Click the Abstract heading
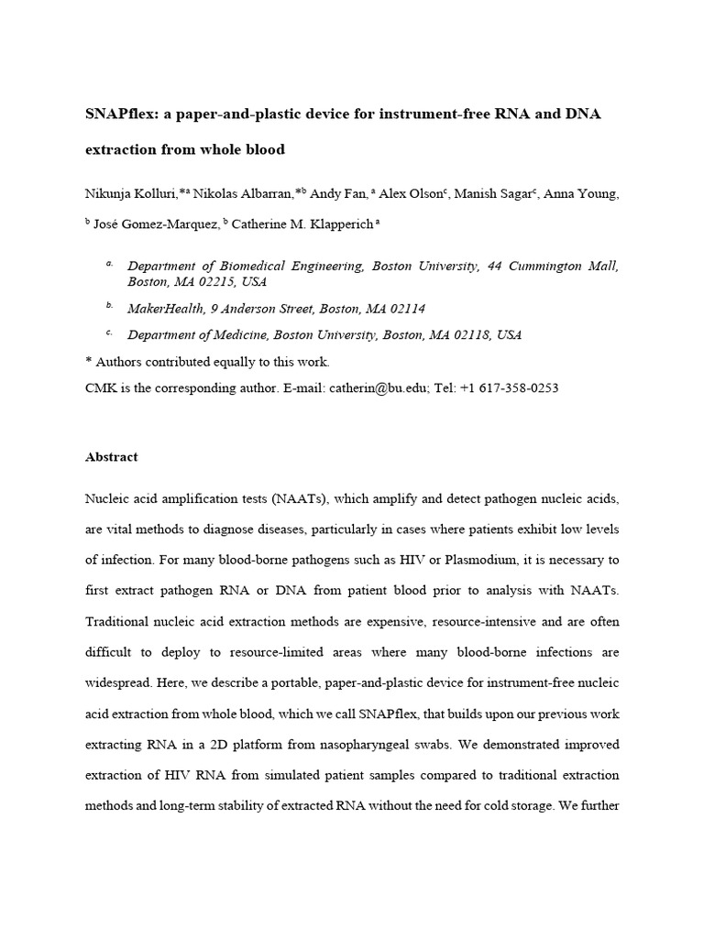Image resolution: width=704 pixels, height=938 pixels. tap(111, 456)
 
